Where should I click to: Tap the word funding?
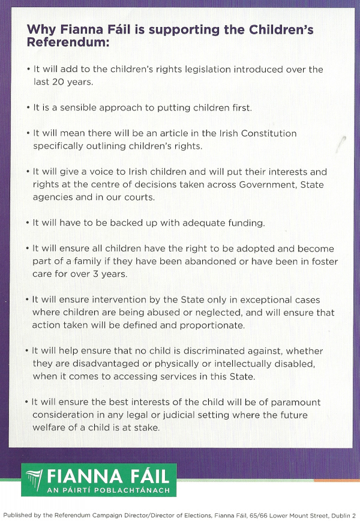(x=243, y=223)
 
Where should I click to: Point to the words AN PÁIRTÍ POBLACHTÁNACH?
(x=108, y=490)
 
